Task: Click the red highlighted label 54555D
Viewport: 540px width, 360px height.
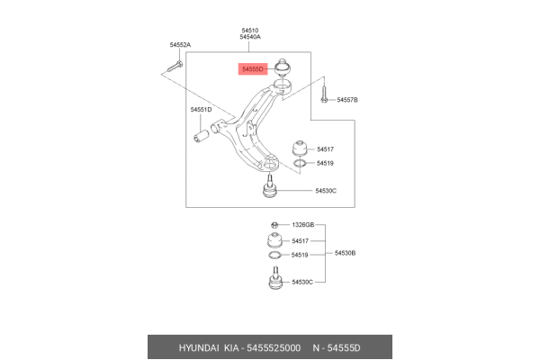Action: click(x=253, y=69)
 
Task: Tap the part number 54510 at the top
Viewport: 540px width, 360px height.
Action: click(x=250, y=31)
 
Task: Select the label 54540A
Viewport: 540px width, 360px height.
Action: click(x=250, y=37)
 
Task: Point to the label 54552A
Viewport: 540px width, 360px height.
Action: click(x=180, y=45)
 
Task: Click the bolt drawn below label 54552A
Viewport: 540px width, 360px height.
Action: click(x=175, y=66)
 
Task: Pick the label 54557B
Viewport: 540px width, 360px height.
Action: click(x=347, y=100)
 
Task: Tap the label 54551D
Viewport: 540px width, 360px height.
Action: click(x=201, y=110)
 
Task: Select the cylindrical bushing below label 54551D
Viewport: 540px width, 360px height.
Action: click(x=201, y=135)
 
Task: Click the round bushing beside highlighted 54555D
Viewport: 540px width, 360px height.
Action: click(x=283, y=67)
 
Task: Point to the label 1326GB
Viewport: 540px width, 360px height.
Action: click(x=303, y=225)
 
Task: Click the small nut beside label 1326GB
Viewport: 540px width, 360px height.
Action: click(x=274, y=225)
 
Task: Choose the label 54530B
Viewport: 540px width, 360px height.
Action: click(x=345, y=253)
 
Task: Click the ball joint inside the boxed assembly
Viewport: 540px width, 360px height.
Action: click(x=270, y=187)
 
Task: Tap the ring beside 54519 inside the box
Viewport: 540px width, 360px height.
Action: click(x=300, y=163)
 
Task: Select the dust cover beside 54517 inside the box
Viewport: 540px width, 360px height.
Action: click(x=300, y=148)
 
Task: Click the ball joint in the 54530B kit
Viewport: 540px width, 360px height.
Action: click(x=275, y=278)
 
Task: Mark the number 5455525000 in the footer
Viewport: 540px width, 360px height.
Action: click(x=274, y=348)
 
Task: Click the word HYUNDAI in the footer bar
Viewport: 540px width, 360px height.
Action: click(x=199, y=348)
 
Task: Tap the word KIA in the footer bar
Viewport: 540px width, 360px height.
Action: click(x=231, y=348)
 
